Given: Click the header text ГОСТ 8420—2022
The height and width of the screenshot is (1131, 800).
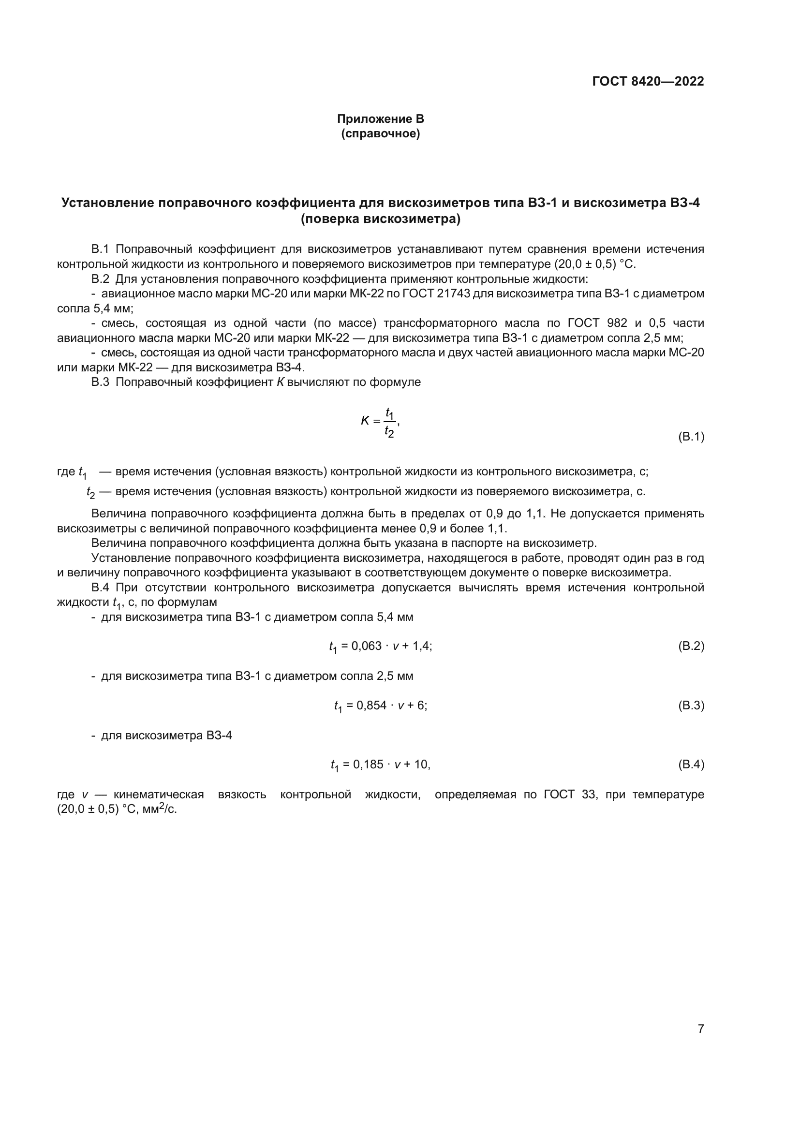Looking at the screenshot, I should (648, 81).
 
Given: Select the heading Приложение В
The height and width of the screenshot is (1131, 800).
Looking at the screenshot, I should (380, 119).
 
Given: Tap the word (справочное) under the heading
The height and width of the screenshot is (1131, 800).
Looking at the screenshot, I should (380, 134).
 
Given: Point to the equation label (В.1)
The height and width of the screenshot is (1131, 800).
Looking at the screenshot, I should (691, 437).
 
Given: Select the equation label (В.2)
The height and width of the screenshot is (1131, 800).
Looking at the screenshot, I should (691, 646).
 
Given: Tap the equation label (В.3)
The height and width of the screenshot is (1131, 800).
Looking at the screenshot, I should (691, 705).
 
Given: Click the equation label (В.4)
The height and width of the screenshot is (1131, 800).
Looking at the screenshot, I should (691, 764).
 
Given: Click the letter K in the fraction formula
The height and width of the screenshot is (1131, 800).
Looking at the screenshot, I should (365, 421).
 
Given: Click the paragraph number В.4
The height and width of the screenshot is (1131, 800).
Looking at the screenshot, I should (100, 588).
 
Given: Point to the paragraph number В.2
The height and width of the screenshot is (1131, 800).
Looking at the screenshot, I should (100, 279).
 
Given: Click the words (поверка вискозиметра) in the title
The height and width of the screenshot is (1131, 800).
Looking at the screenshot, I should (380, 219).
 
